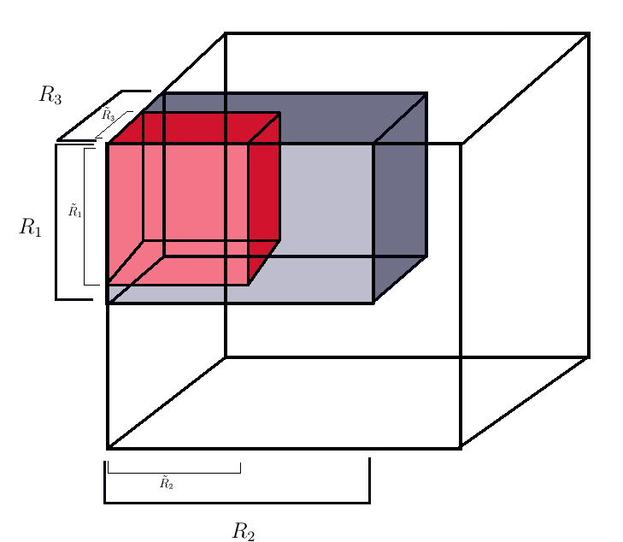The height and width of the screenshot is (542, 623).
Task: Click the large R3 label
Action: [50, 95]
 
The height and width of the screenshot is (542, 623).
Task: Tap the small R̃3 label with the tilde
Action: [109, 115]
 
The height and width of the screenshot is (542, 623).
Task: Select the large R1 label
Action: [31, 228]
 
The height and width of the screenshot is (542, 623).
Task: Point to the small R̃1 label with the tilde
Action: [75, 209]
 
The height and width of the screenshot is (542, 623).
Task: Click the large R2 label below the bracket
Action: [244, 532]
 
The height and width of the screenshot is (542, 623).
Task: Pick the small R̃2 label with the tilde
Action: [168, 484]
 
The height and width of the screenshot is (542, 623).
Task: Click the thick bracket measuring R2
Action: [237, 502]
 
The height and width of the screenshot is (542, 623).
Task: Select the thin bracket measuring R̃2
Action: [173, 472]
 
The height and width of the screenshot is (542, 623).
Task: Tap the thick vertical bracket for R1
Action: [56, 222]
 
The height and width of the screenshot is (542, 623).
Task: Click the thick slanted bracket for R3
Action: [90, 115]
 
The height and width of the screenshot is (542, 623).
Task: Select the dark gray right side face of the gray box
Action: [400, 197]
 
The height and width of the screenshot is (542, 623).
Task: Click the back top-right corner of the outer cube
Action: [589, 33]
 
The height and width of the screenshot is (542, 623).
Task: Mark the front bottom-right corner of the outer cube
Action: [461, 447]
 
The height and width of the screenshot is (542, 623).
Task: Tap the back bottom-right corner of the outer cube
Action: [589, 356]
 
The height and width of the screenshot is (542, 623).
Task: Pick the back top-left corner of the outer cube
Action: [225, 33]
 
